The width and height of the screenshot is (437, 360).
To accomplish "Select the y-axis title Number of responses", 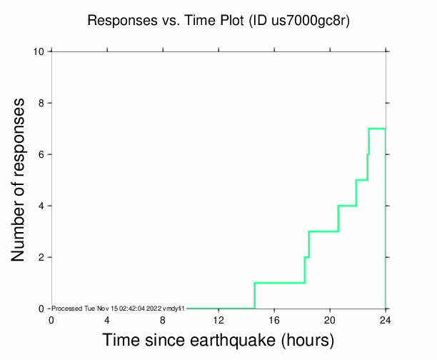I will click(21, 179).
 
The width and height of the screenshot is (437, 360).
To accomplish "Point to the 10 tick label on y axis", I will click(40, 51).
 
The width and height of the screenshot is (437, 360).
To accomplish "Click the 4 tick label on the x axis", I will click(107, 319).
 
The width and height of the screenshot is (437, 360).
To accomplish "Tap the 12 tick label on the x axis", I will click(218, 319).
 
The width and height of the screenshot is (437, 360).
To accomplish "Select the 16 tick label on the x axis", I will click(274, 319).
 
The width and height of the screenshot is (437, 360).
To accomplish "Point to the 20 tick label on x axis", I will click(330, 319).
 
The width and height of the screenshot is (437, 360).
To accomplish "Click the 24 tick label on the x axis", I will click(386, 319).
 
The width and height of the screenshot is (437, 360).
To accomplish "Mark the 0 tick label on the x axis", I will click(51, 319).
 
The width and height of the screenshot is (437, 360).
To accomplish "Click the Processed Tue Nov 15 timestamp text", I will click(119, 308).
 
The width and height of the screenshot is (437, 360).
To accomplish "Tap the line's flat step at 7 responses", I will click(377, 129).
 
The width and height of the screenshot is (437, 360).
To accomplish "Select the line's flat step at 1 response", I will click(279, 283).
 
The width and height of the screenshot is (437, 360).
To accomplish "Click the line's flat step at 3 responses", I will click(323, 231).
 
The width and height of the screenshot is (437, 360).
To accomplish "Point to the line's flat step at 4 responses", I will click(347, 206).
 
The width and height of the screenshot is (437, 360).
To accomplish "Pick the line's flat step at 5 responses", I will click(361, 180).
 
